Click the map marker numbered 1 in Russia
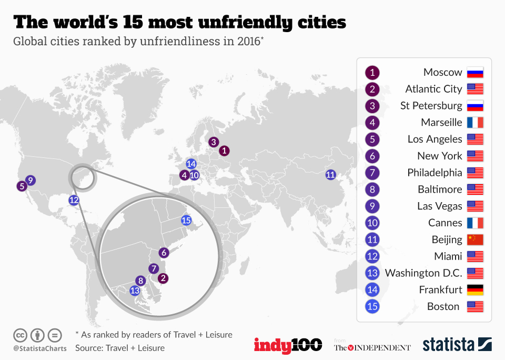pyautogui.click(x=225, y=151)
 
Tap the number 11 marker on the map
pyautogui.click(x=330, y=175)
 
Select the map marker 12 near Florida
pyautogui.click(x=74, y=199)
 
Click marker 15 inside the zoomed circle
pyautogui.click(x=186, y=221)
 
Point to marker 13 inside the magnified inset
pyautogui.click(x=135, y=290)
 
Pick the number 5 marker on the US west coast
pyautogui.click(x=22, y=186)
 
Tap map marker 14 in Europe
pyautogui.click(x=191, y=164)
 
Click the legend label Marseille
pyautogui.click(x=441, y=123)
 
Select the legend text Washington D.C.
pyautogui.click(x=423, y=273)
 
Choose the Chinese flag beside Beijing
pyautogui.click(x=474, y=239)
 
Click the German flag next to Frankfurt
pyautogui.click(x=474, y=290)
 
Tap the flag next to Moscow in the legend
pyautogui.click(x=474, y=73)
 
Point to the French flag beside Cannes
pyautogui.click(x=474, y=223)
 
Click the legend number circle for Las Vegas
pyautogui.click(x=372, y=206)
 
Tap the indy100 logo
pyautogui.click(x=288, y=345)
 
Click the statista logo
pyautogui.click(x=457, y=345)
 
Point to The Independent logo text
pyautogui.click(x=372, y=347)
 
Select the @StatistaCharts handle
pyautogui.click(x=40, y=348)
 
